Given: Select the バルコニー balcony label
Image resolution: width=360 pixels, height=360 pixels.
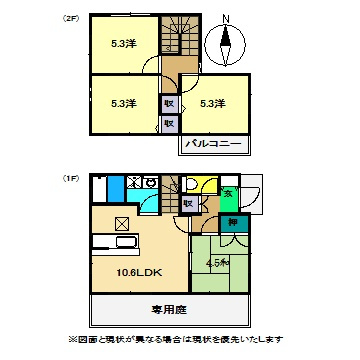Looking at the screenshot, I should [213, 145].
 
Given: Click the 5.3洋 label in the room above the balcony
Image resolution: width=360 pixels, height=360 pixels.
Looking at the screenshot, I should [212, 103].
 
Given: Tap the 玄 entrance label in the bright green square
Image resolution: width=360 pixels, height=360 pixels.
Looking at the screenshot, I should [228, 194].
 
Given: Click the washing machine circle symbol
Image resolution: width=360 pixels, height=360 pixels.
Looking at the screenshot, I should [146, 184].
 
